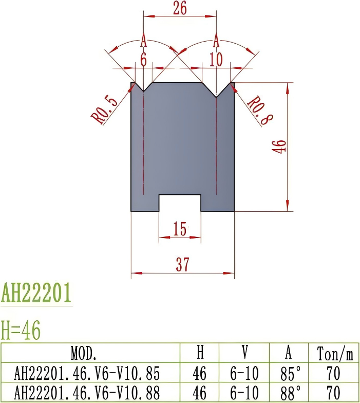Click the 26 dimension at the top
point(179,8)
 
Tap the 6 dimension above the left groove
point(143,60)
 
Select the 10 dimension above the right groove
point(216,60)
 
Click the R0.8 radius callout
point(260,111)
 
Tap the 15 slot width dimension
point(179,229)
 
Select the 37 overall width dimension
point(182,264)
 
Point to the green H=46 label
point(21,331)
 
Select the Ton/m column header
point(335,354)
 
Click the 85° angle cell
point(290,373)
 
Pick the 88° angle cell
point(290,393)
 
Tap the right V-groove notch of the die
point(217,90)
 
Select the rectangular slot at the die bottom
point(179,203)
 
